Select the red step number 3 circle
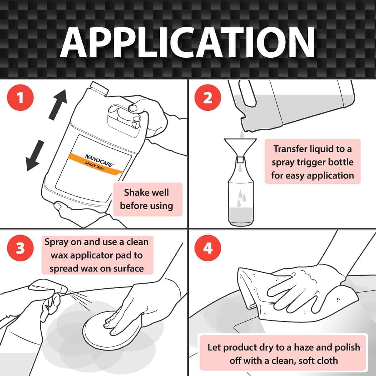click(x=20, y=249)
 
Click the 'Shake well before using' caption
click(x=148, y=199)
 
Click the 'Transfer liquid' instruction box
click(x=312, y=162)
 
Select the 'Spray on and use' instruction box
click(x=97, y=255)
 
